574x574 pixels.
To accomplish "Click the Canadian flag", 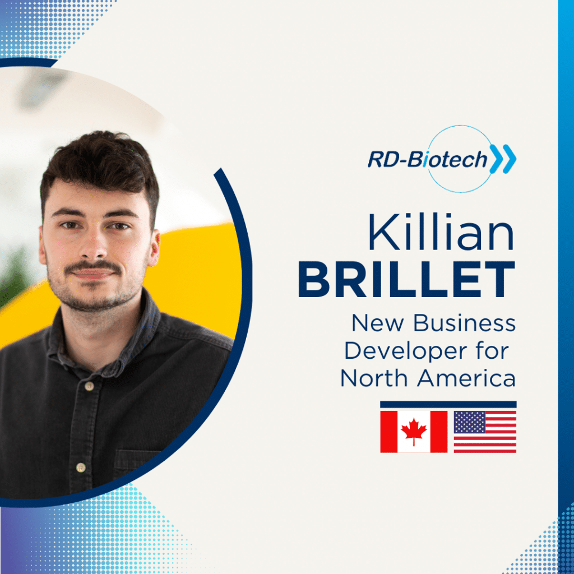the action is [414, 432].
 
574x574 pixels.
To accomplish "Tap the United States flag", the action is [485, 432].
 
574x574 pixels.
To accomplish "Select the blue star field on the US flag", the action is [470, 422].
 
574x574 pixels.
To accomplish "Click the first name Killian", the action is [442, 232].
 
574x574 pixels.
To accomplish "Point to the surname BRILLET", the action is [407, 279].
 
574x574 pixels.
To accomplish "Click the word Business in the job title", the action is [464, 323].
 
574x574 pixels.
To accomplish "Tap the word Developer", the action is [406, 351].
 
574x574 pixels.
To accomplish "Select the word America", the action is [466, 378].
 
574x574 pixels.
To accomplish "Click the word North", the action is [374, 378].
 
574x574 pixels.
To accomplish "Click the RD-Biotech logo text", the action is [427, 160].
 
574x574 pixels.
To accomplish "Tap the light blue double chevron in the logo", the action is [503, 159].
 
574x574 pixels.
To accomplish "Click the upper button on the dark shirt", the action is [89, 386].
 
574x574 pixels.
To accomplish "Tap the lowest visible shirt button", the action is [81, 467].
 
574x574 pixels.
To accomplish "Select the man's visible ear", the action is [154, 247].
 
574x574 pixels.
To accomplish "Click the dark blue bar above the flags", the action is [448, 404].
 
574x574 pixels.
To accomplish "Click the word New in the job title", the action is [378, 323].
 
